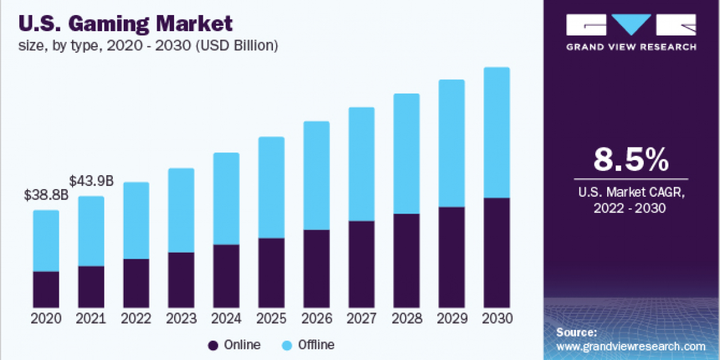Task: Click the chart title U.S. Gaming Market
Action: [x=126, y=25]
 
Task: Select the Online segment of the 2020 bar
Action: [x=46, y=289]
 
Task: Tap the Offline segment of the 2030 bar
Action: [x=496, y=132]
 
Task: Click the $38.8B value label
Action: [x=46, y=195]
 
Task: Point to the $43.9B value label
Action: [x=91, y=181]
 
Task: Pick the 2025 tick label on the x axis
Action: [x=271, y=319]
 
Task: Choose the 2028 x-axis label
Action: [x=406, y=319]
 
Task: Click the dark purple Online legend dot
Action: [x=212, y=345]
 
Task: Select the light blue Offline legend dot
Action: [x=287, y=345]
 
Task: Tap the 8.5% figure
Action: [x=631, y=160]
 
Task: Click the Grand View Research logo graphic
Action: [x=631, y=26]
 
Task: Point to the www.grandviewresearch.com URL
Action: [x=631, y=346]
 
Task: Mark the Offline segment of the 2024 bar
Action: [x=226, y=199]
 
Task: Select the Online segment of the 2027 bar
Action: [x=361, y=264]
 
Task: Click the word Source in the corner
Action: [x=576, y=332]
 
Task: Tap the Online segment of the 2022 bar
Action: [x=136, y=283]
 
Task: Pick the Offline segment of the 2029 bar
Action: [x=451, y=143]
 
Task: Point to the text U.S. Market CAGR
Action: [x=631, y=193]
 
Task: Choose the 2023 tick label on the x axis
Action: [x=181, y=319]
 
